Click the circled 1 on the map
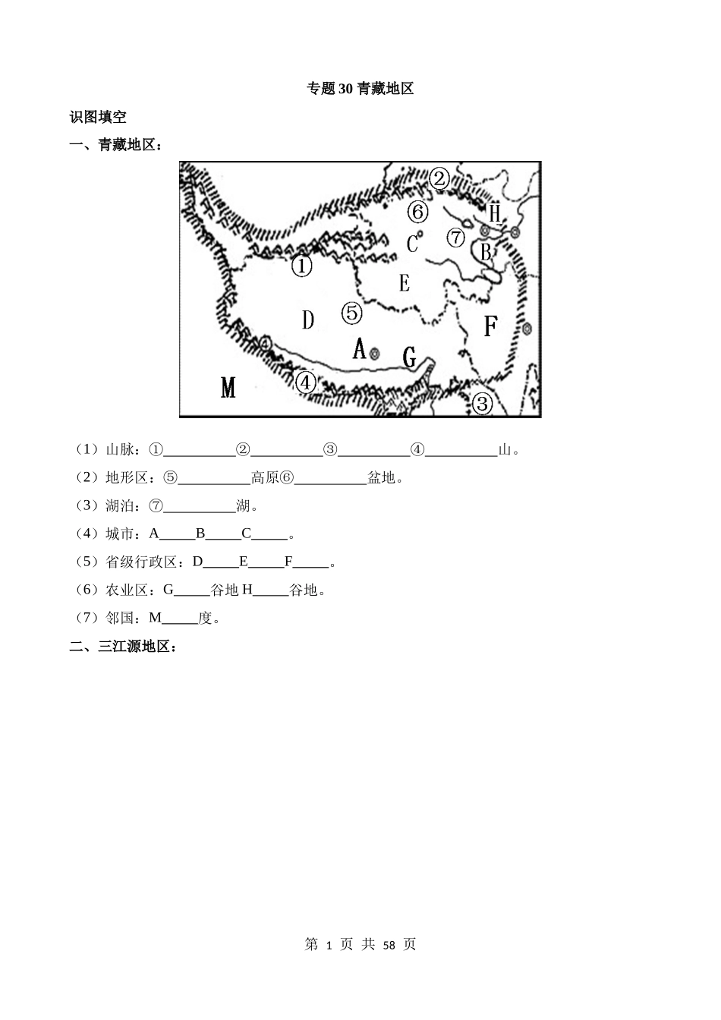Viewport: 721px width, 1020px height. pos(302,266)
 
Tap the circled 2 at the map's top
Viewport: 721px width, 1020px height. pos(439,179)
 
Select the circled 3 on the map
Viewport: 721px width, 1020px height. pos(483,403)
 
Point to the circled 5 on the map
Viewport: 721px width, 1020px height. pos(351,312)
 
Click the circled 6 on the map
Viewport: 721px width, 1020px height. pos(418,211)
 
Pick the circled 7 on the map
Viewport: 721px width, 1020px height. pos(455,238)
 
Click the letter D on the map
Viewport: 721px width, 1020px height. pos(307,320)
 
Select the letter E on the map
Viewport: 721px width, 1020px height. pos(405,283)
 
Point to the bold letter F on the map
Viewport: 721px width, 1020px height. pos(490,326)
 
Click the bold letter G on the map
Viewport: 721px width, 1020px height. pos(410,357)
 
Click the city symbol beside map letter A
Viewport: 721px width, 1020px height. pos(374,352)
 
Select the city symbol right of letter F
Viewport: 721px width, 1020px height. pos(527,329)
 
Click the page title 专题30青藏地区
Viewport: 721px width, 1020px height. pos(360,89)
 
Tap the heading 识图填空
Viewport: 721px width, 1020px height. pos(98,117)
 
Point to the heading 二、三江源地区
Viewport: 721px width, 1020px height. pos(123,647)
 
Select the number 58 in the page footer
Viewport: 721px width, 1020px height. pos(389,945)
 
